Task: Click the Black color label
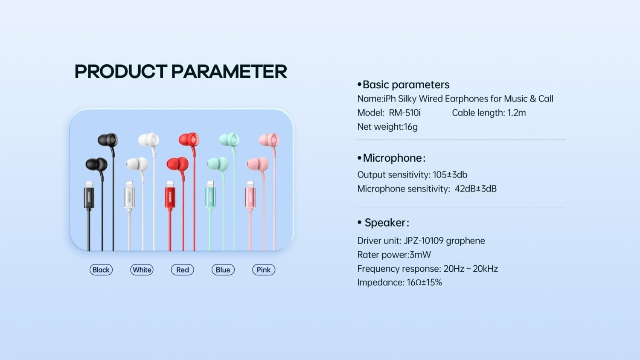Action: tap(101, 270)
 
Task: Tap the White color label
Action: tap(142, 270)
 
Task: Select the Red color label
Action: tap(182, 270)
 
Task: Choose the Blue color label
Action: tap(223, 270)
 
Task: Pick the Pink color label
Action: tap(264, 270)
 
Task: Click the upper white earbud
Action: tap(149, 140)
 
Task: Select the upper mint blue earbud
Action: tap(229, 139)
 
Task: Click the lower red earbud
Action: tap(177, 164)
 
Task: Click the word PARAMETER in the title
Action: tap(229, 72)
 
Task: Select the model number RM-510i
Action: tap(404, 113)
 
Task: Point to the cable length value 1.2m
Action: tap(516, 113)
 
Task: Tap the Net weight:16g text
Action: tap(387, 127)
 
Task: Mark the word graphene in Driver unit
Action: tap(465, 241)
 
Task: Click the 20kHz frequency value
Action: tap(485, 269)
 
